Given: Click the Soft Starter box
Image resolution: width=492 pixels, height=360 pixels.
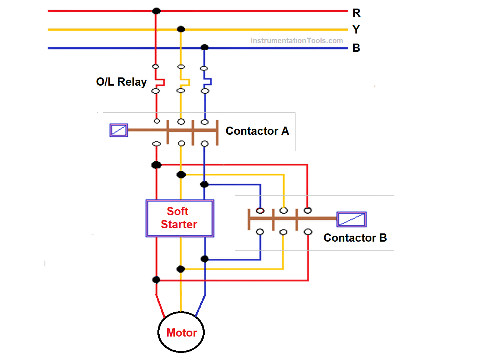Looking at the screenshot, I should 180,218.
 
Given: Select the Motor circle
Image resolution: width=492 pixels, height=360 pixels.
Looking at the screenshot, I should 181,332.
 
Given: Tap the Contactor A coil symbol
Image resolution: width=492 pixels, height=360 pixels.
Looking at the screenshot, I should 119,130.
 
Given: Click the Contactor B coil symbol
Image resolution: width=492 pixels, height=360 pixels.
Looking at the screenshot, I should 351,219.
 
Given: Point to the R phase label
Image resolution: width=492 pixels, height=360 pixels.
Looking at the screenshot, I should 356,13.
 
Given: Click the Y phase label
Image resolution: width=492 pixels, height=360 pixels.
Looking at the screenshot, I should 356,29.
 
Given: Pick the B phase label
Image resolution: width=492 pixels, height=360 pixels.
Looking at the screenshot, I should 356,48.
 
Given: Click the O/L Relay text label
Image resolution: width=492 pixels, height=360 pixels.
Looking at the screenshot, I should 121,82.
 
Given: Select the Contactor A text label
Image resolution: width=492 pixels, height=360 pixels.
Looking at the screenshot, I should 257,131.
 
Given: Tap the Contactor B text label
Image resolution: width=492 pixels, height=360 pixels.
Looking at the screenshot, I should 355,238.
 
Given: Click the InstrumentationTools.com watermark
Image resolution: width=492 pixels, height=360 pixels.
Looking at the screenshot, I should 297,41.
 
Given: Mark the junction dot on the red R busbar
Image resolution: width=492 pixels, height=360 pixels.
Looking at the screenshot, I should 156,11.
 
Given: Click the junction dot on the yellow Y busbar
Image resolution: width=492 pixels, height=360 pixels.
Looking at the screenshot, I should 181,29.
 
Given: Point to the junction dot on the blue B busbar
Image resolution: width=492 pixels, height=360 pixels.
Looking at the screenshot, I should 204,47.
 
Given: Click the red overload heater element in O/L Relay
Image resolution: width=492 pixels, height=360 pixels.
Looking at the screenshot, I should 160,82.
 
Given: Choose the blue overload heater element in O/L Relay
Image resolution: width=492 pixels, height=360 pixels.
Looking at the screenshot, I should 207,82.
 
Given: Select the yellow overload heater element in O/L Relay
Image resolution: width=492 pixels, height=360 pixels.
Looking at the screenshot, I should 185,82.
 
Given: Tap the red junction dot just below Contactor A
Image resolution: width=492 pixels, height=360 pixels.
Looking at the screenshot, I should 156,165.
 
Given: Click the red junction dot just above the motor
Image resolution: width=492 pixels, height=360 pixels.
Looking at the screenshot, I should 156,280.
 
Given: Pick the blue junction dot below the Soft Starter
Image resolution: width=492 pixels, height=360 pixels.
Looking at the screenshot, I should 204,259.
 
